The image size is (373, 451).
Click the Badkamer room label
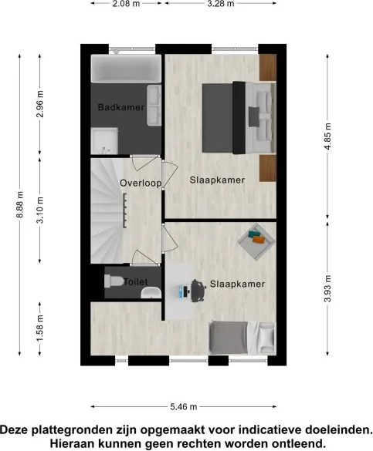tap(121, 107)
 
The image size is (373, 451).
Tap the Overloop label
tap(141, 183)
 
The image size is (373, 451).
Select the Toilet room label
tap(136, 282)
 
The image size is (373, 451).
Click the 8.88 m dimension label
tap(20, 204)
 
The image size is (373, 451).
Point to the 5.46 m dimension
tap(184, 407)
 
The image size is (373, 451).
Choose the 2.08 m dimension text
tap(126, 4)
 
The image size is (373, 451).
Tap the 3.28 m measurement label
tap(220, 4)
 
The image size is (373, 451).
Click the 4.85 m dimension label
tap(327, 136)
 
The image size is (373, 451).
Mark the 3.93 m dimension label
tap(327, 288)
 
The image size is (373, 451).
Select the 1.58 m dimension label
tap(40, 328)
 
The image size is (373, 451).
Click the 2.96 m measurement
tap(40, 104)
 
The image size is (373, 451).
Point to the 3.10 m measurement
tap(40, 210)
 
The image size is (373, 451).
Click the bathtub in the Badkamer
tap(126, 69)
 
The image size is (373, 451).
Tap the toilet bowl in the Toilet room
tap(114, 281)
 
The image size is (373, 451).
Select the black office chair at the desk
tap(198, 291)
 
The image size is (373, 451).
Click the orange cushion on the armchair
tap(259, 239)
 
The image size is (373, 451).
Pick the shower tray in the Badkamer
tap(104, 141)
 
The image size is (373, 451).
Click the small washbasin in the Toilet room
tap(151, 293)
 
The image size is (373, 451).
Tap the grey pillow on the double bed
tap(254, 116)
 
